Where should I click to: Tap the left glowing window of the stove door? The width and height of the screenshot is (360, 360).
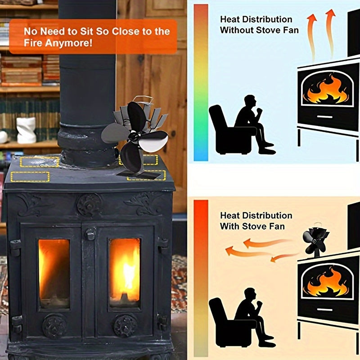pyautogui.click(x=54, y=273)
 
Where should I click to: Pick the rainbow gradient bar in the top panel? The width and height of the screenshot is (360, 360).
pyautogui.click(x=201, y=83)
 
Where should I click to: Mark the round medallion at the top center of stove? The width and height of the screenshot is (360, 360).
pyautogui.click(x=89, y=205)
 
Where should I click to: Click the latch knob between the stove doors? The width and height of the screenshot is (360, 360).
pyautogui.click(x=90, y=234)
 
